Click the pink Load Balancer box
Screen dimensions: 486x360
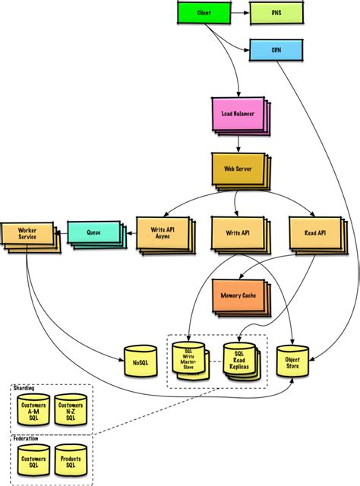click(238, 113)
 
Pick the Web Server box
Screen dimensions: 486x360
click(237, 168)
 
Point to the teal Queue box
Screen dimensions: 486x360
click(93, 235)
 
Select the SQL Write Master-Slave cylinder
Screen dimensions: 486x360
click(188, 358)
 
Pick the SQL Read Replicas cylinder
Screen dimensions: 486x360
click(239, 361)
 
